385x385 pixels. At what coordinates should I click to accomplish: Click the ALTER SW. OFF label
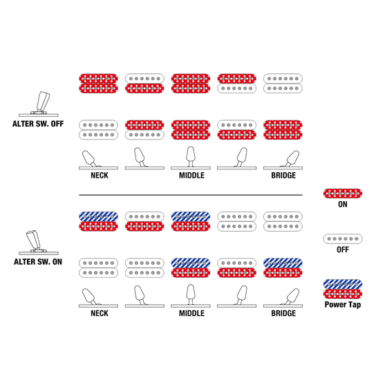click(x=38, y=124)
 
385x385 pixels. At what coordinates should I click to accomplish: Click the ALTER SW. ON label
click(x=38, y=262)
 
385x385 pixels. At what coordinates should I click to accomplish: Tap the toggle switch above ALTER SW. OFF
click(x=39, y=104)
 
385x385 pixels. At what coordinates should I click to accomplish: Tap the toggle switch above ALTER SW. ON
click(x=39, y=242)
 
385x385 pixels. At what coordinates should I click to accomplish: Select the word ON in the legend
click(x=343, y=205)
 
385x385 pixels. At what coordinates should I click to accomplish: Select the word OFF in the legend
click(x=343, y=250)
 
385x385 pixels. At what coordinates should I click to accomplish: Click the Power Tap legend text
click(x=343, y=305)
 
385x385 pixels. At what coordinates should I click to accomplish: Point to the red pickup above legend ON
click(x=343, y=194)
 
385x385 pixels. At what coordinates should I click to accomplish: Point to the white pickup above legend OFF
click(x=343, y=238)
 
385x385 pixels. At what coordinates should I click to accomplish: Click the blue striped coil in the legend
click(x=343, y=284)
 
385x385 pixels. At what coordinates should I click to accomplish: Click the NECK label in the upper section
click(x=100, y=176)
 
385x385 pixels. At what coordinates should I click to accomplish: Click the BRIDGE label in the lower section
click(x=283, y=313)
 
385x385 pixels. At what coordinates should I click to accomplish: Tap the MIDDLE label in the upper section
click(x=191, y=176)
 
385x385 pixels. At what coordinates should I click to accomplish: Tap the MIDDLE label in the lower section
click(x=191, y=313)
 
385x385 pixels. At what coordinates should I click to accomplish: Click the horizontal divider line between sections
click(x=191, y=195)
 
